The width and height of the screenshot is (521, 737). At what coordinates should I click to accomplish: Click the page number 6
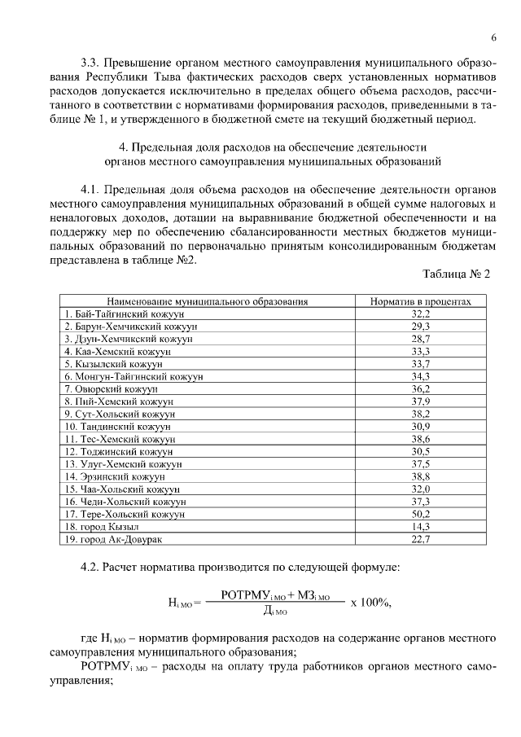click(493, 38)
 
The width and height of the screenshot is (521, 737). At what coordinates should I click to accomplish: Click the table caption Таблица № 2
click(458, 274)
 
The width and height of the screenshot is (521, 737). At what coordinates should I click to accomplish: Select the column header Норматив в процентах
click(421, 301)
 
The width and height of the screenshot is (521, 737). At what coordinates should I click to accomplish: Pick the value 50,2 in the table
click(421, 515)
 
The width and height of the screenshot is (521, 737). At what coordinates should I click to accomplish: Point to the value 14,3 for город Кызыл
click(421, 527)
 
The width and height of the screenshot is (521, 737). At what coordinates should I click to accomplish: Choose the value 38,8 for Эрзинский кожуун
click(421, 476)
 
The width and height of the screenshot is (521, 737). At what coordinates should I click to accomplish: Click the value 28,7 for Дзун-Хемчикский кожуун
click(421, 339)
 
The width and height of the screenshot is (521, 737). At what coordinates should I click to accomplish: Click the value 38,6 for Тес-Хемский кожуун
click(421, 439)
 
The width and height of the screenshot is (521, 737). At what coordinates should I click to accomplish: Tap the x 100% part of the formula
click(371, 603)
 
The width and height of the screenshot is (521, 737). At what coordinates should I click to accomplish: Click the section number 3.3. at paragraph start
click(92, 63)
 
